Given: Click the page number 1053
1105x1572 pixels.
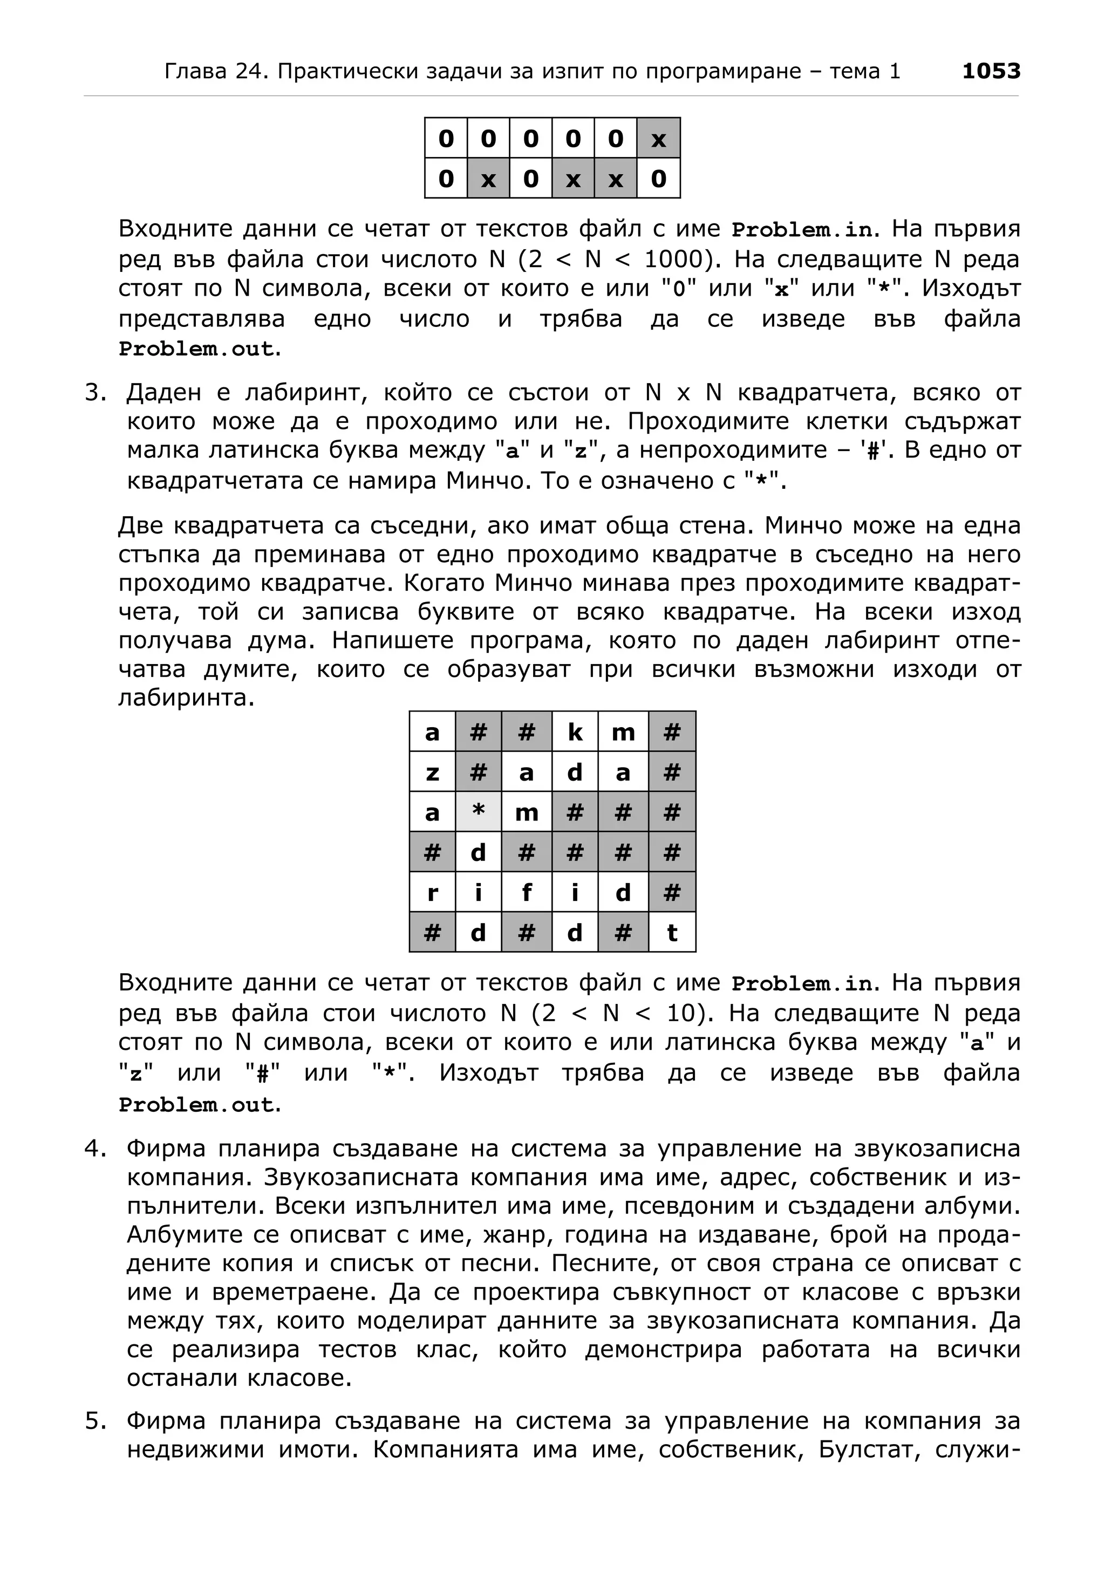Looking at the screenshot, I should (990, 71).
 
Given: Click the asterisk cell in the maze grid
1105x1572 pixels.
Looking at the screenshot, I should (478, 812).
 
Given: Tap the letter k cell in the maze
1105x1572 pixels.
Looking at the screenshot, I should (575, 732).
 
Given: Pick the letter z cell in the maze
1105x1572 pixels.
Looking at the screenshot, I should (432, 773).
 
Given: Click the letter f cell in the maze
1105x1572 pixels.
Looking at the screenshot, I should (526, 892).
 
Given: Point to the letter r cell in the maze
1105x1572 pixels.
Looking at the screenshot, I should (432, 892).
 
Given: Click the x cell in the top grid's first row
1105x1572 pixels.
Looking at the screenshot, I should (658, 139).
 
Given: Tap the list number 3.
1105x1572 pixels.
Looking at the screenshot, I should (96, 393).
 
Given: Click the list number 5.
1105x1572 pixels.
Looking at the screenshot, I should (96, 1421).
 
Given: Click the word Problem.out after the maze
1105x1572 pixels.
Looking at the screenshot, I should (196, 1105).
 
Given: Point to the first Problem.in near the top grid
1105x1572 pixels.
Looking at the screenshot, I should (802, 229).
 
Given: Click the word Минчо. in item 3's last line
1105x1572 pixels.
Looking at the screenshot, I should (487, 481).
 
